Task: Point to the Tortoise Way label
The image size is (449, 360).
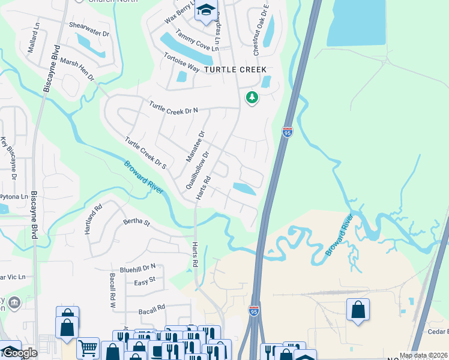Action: pos(181,63)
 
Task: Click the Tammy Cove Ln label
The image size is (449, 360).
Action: pos(190,44)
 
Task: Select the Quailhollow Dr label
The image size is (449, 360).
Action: pos(197,170)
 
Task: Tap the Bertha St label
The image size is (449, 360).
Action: pos(136,222)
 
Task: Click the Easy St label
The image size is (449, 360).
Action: pos(145,281)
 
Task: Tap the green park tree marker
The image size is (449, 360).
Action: pos(252,97)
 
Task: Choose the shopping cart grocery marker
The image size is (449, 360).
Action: pos(88,347)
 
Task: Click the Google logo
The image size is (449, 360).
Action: pos(19,352)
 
